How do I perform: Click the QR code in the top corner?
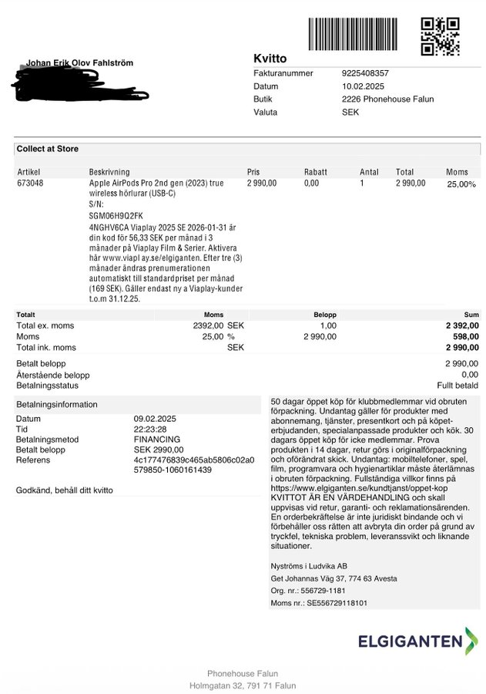coord(440,36)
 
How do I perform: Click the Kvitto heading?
coord(270,59)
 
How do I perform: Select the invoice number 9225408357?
coord(365,73)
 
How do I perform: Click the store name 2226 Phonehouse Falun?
coord(387,99)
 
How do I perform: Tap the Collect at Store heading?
coord(48,149)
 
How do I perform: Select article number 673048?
coord(30,184)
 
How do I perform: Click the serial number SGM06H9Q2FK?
coord(116,217)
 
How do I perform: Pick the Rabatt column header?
coord(315,172)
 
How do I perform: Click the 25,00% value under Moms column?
coord(461,184)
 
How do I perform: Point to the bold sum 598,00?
coord(464,337)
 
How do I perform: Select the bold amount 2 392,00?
coord(462,326)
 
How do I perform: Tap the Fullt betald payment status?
coord(458,386)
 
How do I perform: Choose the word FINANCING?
coord(156,440)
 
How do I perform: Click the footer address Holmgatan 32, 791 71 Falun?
coord(243,686)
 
